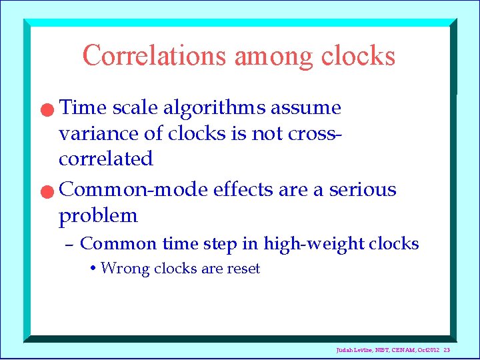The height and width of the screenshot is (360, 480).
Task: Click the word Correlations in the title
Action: (x=155, y=55)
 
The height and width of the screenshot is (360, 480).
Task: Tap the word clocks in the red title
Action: (x=358, y=55)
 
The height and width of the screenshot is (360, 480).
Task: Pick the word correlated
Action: (x=106, y=159)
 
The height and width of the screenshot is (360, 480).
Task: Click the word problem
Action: (x=98, y=216)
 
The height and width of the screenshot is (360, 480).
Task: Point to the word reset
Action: (x=243, y=269)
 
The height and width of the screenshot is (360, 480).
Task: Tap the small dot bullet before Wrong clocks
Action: (x=93, y=269)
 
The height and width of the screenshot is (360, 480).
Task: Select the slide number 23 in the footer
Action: (x=447, y=351)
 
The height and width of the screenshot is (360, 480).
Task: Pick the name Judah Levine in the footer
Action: (x=353, y=351)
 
